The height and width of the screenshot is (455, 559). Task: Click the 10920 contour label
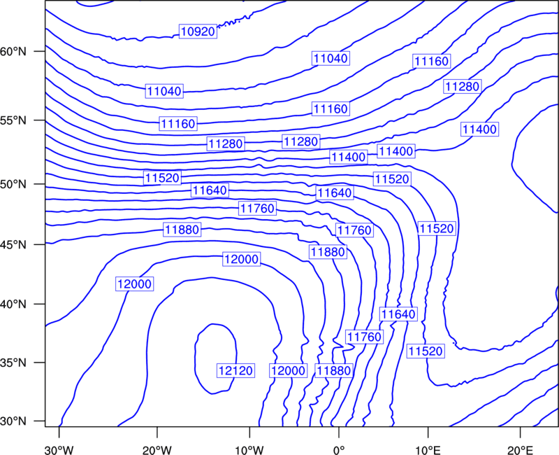tap(198, 31)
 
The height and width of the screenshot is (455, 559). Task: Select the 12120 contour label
tap(235, 371)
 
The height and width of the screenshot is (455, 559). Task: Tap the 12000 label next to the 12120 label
tap(288, 371)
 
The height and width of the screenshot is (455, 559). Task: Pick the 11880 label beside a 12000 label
tap(334, 371)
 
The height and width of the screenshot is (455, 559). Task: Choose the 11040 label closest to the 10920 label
tap(164, 91)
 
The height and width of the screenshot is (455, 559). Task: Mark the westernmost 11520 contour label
tap(162, 178)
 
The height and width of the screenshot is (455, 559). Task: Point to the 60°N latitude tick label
tap(13, 51)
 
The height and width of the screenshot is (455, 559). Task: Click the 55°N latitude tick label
tap(13, 120)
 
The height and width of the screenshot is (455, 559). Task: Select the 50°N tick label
tap(13, 184)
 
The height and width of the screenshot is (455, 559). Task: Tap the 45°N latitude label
tap(13, 244)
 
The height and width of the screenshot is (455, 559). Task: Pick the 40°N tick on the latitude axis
tap(13, 304)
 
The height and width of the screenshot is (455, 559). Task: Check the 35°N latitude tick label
tap(13, 363)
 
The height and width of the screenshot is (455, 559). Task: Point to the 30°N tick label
tap(13, 421)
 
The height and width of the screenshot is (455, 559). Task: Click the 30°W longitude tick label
tap(59, 450)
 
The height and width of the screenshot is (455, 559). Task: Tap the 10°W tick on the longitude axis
tap(249, 450)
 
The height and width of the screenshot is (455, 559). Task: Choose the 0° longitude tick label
tap(339, 450)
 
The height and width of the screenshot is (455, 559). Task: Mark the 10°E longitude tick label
tap(428, 450)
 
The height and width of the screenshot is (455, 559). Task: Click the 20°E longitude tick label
tap(521, 450)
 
